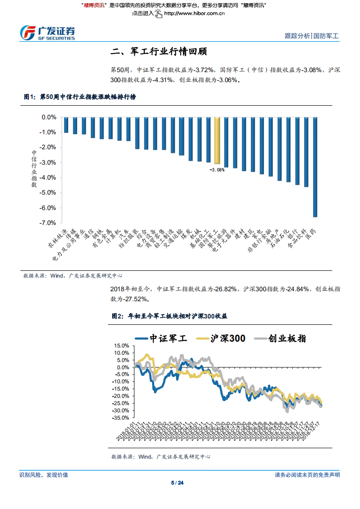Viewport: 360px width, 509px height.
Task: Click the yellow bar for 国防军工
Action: (217, 140)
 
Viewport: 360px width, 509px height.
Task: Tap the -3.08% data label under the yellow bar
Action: (217, 170)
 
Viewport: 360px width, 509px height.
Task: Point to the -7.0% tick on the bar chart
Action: (48, 223)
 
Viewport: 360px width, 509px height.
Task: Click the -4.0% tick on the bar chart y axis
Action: (48, 177)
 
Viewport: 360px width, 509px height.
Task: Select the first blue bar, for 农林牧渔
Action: (66, 125)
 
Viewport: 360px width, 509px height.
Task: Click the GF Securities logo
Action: (48, 32)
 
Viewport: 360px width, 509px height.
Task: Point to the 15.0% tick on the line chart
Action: (122, 346)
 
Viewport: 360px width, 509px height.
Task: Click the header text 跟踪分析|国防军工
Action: (311, 36)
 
